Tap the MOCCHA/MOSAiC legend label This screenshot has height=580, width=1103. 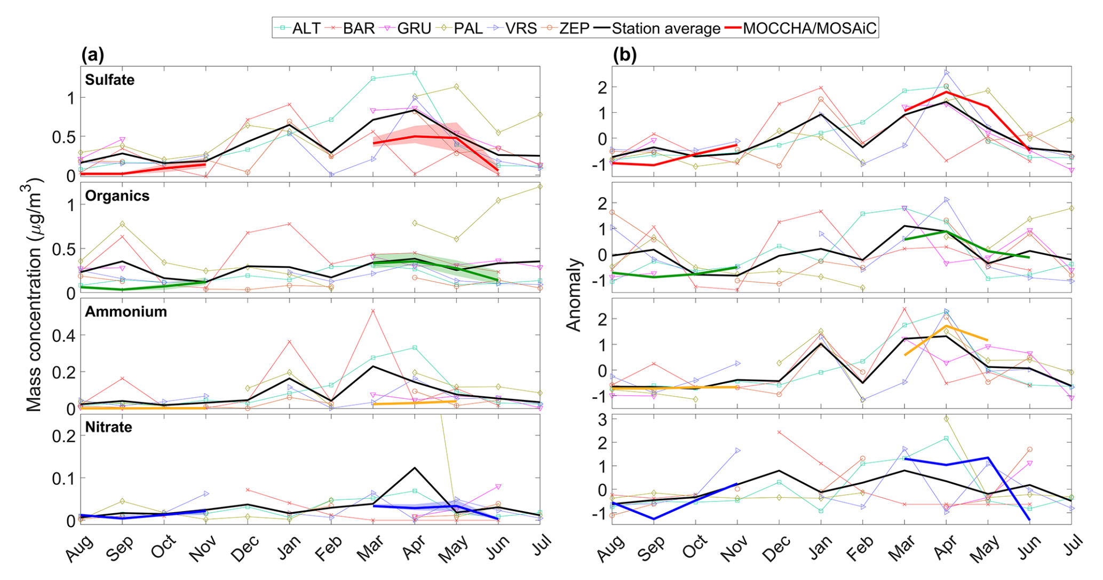[x=809, y=28]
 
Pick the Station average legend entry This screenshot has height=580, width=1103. [x=665, y=28]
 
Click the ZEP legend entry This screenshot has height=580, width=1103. [x=574, y=28]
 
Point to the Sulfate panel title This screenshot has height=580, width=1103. [x=110, y=80]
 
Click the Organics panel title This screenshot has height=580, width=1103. [x=117, y=196]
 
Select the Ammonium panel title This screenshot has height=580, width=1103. [x=126, y=312]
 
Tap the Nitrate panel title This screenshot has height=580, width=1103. [x=109, y=427]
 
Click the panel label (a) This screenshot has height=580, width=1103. [x=92, y=55]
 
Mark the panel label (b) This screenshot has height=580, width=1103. [x=625, y=55]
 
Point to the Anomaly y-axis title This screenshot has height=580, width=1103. [x=573, y=295]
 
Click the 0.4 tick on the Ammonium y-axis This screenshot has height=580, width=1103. [x=63, y=336]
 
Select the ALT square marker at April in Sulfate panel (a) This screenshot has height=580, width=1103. [x=415, y=73]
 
